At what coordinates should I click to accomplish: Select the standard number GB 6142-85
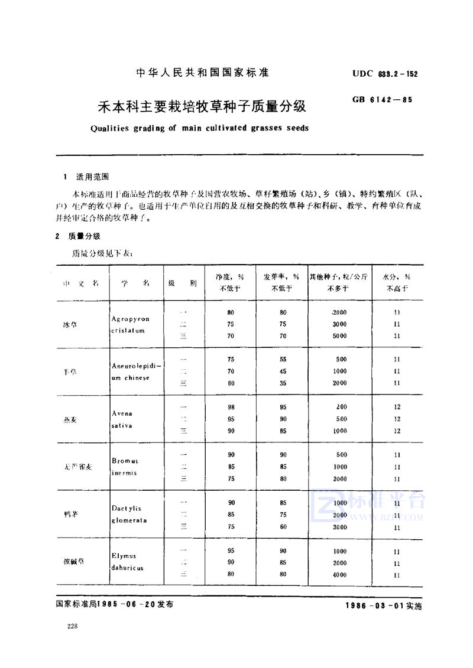(381, 100)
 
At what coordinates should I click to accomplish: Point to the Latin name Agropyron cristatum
(130, 324)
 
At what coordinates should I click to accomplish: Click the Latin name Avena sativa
(122, 419)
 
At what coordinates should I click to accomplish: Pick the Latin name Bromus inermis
(124, 467)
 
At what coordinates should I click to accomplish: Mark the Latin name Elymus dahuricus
(127, 562)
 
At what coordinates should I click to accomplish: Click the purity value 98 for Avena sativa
(231, 407)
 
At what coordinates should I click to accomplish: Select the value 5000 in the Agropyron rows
(339, 336)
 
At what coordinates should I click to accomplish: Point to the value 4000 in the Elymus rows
(339, 575)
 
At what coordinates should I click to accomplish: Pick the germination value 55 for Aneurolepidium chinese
(283, 359)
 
